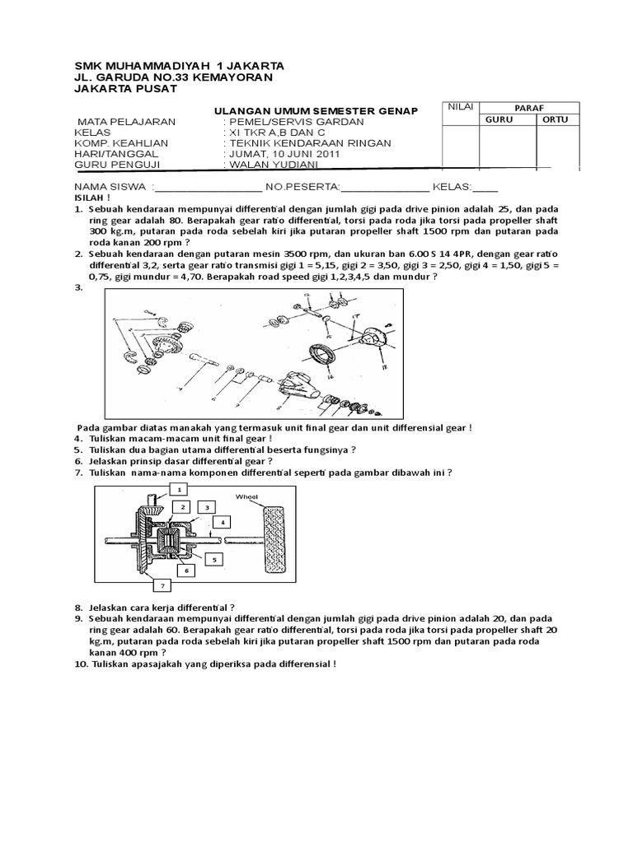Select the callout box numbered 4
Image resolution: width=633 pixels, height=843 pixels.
pyautogui.click(x=221, y=522)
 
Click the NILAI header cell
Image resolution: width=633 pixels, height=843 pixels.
pyautogui.click(x=457, y=107)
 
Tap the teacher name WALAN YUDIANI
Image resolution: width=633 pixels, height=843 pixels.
pyautogui.click(x=265, y=165)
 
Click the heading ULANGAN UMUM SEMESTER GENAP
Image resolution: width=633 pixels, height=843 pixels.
pyautogui.click(x=316, y=110)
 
